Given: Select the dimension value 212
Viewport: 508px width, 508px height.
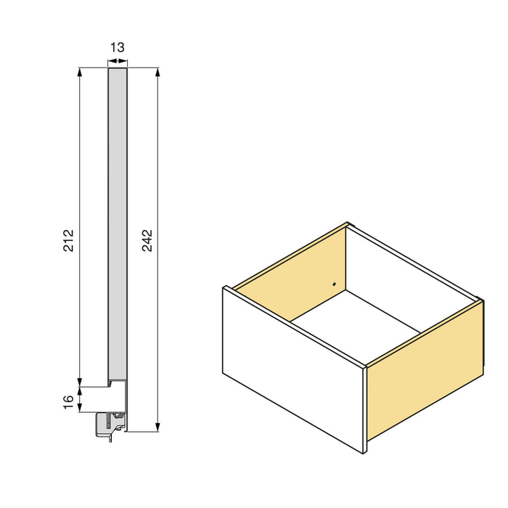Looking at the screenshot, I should [69, 240].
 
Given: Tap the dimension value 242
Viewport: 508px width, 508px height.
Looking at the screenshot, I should [147, 240].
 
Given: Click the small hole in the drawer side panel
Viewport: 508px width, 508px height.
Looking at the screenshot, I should [334, 284].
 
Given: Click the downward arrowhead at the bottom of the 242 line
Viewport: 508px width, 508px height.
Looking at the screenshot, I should [157, 427].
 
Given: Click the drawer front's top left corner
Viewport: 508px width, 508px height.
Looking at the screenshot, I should [224, 288].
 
